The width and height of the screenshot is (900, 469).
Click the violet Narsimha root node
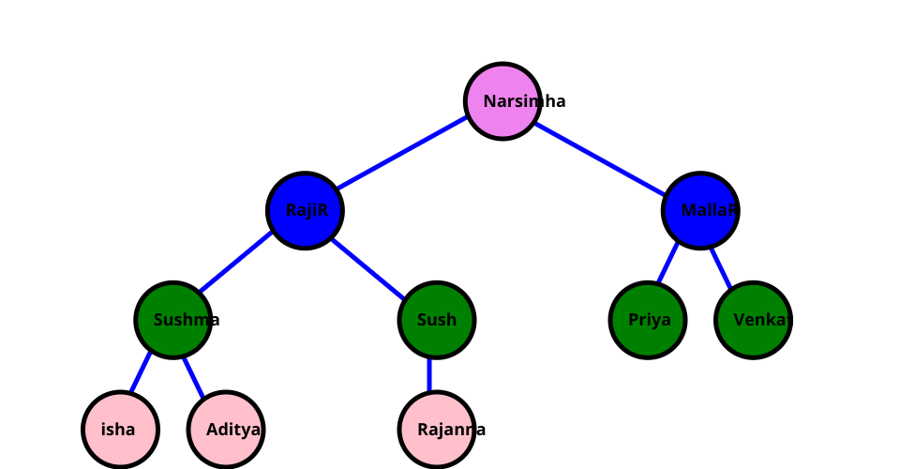coord(502,101)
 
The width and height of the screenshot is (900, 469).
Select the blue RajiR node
coord(305,210)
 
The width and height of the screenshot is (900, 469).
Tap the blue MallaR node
coord(700,210)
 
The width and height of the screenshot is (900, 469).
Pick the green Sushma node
coord(172,320)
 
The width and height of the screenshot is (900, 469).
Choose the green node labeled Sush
coord(437,320)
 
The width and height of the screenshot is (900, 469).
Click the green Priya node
coord(648,320)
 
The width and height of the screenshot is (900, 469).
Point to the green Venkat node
coord(753,320)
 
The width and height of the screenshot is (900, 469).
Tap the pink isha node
coord(120,430)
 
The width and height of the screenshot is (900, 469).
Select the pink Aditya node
coord(225,430)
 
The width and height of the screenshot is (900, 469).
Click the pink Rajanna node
coord(437,430)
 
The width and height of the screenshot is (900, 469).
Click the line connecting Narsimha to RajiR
coord(403,156)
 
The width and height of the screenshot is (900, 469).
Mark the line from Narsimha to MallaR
coord(601,156)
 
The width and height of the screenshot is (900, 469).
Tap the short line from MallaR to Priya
coord(667,263)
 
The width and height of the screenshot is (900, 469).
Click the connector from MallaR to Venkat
coord(721,264)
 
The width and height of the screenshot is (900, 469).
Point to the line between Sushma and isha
coord(141,372)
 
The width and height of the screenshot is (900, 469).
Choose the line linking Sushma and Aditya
coord(193,372)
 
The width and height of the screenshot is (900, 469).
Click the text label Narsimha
coord(524,101)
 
